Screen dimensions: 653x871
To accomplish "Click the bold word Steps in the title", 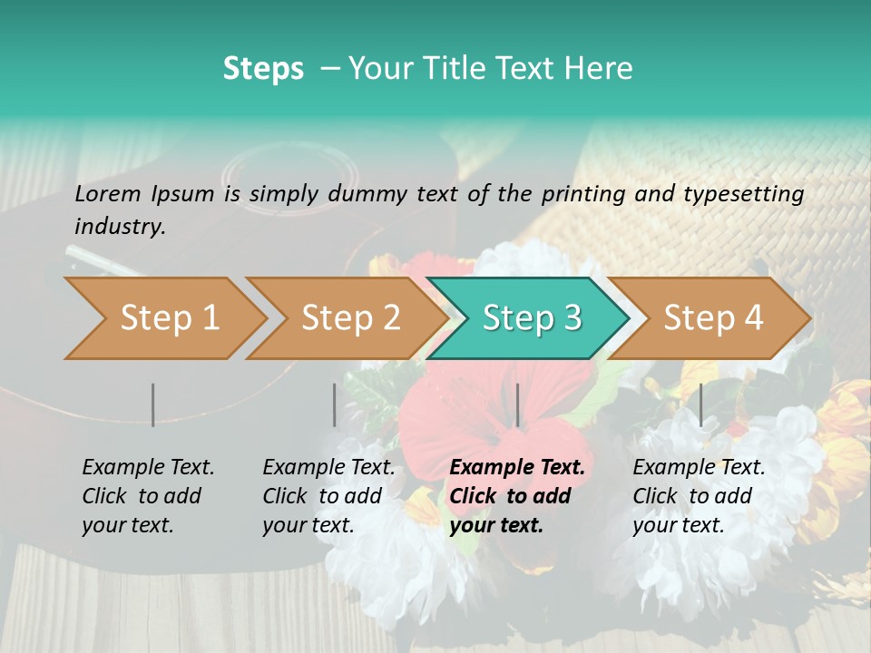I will (263, 69).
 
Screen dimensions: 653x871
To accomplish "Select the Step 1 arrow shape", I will (164, 318).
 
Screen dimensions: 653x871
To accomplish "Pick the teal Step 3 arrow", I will (531, 318).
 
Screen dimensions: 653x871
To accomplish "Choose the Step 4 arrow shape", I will (713, 318).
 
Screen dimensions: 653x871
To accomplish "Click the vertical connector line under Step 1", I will (153, 404).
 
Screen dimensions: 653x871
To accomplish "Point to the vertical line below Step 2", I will (335, 404).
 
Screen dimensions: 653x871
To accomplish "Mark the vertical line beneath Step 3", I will (517, 404).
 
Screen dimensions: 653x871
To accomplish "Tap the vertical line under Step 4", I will (700, 404).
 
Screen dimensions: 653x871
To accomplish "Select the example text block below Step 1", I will (148, 496).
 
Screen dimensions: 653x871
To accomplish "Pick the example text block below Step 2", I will (328, 496).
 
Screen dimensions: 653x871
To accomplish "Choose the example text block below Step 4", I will (699, 496).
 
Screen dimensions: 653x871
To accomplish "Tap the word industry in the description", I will (120, 227).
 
